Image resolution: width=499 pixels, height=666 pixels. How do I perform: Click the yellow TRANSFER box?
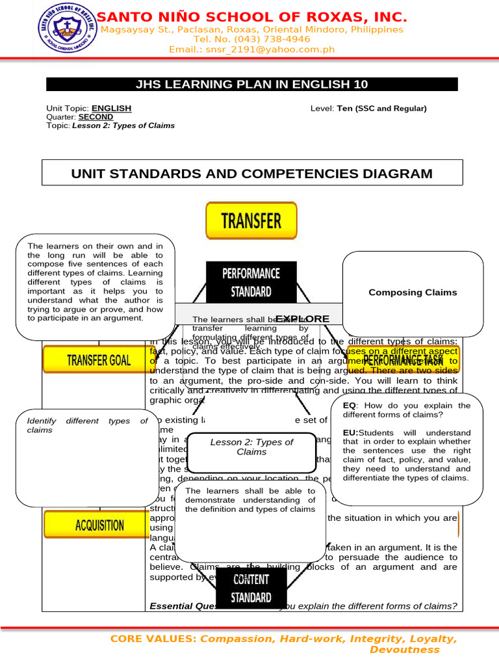[251, 220]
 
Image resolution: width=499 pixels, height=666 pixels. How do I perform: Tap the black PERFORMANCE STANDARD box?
[251, 282]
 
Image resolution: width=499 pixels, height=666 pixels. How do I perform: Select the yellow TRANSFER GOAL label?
[98, 360]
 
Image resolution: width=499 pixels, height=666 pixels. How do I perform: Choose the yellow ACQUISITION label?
[99, 525]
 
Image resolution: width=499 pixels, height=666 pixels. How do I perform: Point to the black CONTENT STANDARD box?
[251, 588]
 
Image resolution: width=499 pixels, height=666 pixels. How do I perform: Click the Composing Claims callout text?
[413, 293]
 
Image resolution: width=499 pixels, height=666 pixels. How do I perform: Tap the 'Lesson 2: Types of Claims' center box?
[251, 447]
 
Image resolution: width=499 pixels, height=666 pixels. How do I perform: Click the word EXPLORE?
[302, 319]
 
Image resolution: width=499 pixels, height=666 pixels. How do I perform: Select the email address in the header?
[252, 49]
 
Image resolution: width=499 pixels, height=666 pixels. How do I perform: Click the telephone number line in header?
[252, 39]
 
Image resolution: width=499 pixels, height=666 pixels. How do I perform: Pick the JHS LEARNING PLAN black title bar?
[251, 85]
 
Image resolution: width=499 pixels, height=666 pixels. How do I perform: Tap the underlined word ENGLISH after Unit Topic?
[111, 108]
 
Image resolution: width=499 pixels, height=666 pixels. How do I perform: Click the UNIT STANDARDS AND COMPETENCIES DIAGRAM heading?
[251, 174]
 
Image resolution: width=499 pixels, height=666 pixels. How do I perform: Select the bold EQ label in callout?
[350, 405]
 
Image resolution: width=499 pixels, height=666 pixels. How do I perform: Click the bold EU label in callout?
[350, 433]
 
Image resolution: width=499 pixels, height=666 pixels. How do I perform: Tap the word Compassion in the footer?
[237, 639]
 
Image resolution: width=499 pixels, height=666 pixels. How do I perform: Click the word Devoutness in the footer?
[404, 650]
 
